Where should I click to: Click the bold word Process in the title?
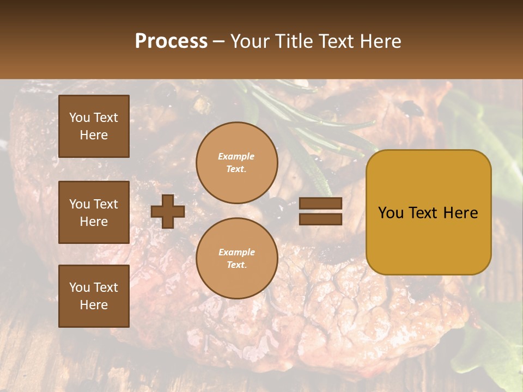(171, 41)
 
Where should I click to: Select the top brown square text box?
(94, 126)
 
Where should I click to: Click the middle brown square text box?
(94, 212)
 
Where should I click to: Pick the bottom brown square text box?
(94, 296)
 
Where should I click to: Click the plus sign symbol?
(168, 211)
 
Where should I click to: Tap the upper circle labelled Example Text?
(237, 163)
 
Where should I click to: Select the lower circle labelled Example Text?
(237, 259)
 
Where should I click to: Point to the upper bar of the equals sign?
(320, 203)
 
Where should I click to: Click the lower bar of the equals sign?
(320, 219)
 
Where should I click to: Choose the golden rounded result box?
(428, 212)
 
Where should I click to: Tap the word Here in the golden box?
(461, 213)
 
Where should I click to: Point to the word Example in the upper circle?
(236, 156)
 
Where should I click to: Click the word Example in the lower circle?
(236, 252)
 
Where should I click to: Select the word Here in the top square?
(94, 135)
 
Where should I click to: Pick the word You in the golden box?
(391, 213)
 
